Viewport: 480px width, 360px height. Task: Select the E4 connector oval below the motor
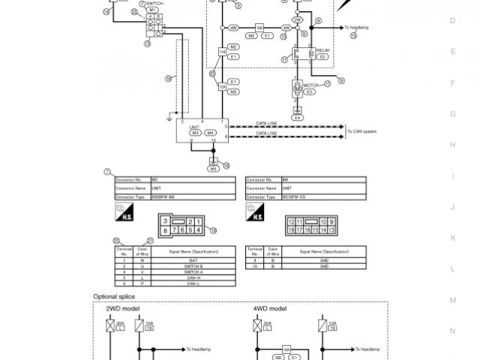coord(297,118)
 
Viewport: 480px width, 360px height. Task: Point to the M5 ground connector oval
coord(214,169)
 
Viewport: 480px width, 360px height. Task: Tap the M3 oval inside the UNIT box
coord(194,133)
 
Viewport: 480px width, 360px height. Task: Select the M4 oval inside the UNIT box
coord(211,133)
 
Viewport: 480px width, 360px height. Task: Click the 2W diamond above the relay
coord(298,19)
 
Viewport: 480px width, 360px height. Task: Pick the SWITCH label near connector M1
coord(154,3)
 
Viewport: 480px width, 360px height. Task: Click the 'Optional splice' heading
coord(112,296)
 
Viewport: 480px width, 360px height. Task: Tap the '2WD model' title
coord(121,308)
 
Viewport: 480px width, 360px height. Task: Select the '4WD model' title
coord(268,308)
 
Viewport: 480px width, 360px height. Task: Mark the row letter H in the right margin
coord(452,145)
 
